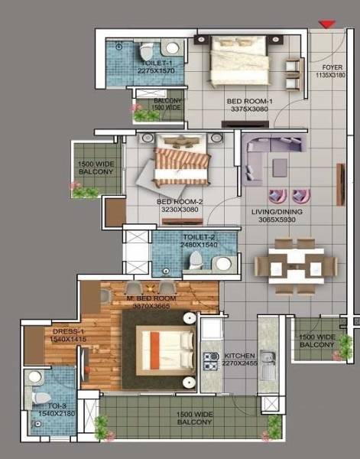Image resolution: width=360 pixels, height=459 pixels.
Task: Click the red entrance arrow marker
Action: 326,25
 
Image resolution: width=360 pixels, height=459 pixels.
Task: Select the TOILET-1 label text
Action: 155,63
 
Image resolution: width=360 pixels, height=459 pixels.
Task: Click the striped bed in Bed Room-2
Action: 182,161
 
